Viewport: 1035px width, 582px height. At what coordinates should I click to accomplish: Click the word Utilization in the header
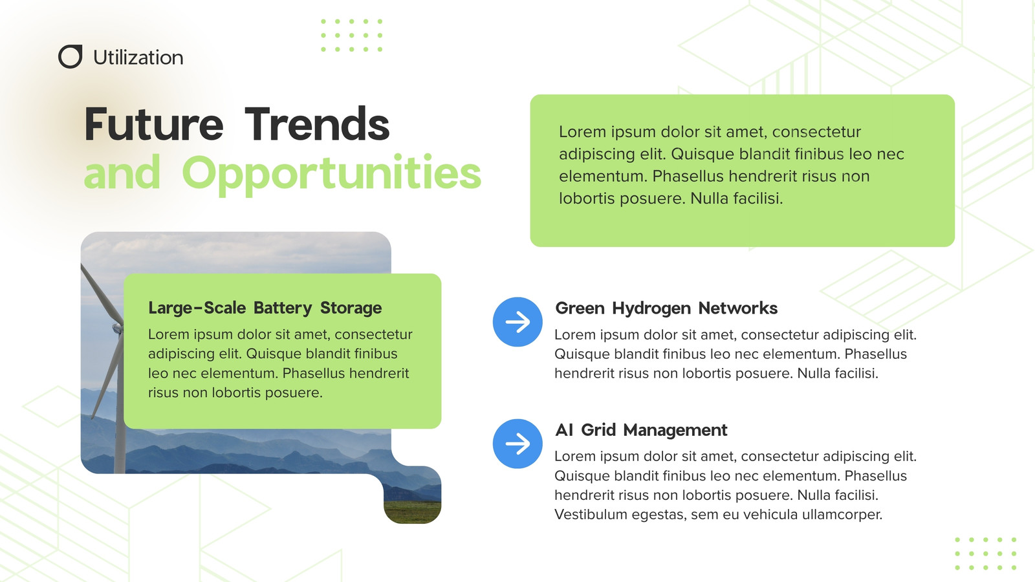pyautogui.click(x=138, y=58)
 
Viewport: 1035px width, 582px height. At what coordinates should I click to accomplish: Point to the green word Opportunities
pyautogui.click(x=331, y=174)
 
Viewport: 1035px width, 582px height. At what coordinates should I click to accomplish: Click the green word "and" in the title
pyautogui.click(x=122, y=172)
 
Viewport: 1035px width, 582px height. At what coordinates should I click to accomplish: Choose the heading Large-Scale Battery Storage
pyautogui.click(x=265, y=308)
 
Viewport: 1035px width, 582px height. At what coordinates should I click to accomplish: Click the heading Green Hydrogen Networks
pyautogui.click(x=666, y=308)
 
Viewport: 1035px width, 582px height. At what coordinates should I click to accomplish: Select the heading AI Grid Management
pyautogui.click(x=641, y=430)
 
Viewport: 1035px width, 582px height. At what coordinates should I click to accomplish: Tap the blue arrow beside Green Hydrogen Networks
pyautogui.click(x=517, y=322)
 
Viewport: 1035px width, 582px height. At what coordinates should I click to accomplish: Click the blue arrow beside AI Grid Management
pyautogui.click(x=517, y=444)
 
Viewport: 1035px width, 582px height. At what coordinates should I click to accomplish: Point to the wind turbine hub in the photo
pyautogui.click(x=118, y=328)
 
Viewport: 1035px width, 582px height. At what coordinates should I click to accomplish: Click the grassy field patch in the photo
pyautogui.click(x=412, y=511)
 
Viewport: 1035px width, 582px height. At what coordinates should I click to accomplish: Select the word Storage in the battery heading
pyautogui.click(x=351, y=308)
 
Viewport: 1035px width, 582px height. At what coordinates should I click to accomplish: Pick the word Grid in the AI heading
pyautogui.click(x=598, y=430)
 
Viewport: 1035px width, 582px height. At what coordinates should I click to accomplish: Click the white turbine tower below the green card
pyautogui.click(x=120, y=451)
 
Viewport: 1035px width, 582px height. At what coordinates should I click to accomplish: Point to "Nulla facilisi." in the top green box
pyautogui.click(x=737, y=198)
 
